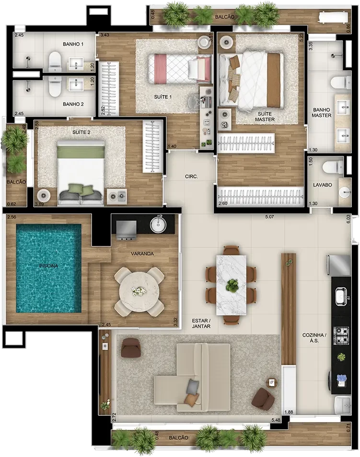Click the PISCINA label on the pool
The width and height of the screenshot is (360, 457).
tap(48, 266)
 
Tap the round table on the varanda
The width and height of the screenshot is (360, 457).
tap(139, 293)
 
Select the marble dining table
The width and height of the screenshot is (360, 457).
tap(232, 285)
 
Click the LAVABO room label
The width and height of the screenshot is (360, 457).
tap(323, 185)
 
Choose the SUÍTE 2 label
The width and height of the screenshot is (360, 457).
tap(81, 132)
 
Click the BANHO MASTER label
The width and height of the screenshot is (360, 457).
tap(322, 113)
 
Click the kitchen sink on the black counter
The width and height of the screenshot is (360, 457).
tap(340, 296)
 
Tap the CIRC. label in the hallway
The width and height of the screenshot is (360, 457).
tap(191, 176)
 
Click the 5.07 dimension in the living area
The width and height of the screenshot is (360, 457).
tap(269, 217)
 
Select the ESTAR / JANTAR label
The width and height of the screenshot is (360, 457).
tap(201, 324)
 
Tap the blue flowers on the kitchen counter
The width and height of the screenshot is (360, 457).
tap(341, 378)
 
